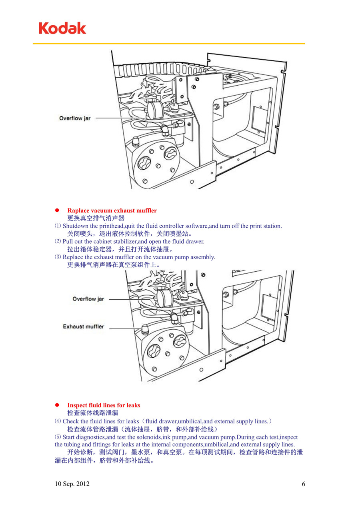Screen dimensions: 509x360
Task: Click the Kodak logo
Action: tap(62, 28)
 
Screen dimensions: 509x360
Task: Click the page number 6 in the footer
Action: tap(304, 484)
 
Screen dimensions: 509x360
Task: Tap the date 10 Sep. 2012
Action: tap(72, 484)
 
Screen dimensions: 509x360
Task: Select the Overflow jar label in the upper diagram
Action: tap(75, 118)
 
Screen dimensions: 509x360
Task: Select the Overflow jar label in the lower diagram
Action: tap(88, 299)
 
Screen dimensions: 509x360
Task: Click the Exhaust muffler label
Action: tap(83, 327)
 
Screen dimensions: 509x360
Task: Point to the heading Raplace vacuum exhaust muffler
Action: tap(112, 210)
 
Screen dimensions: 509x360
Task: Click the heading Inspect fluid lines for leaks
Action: tap(104, 405)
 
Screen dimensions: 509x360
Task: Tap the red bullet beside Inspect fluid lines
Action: tap(57, 405)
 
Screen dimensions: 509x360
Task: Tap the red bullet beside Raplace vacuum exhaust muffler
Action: tap(57, 210)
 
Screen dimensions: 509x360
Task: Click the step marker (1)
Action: tap(58, 226)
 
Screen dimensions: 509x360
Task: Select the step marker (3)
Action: tap(58, 257)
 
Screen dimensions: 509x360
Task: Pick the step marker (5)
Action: tap(58, 437)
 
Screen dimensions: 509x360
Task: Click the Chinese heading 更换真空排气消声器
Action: tap(96, 218)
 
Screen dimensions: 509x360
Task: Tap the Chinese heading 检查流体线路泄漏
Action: tap(93, 413)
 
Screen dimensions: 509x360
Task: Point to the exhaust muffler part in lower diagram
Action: tap(145, 330)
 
